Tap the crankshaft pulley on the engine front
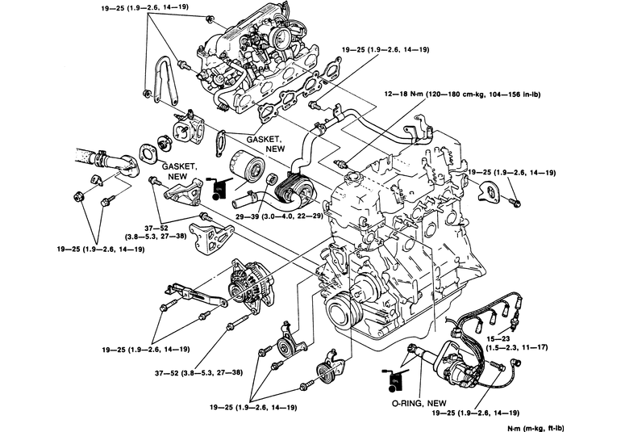click(340, 311)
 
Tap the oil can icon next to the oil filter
click(215, 187)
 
